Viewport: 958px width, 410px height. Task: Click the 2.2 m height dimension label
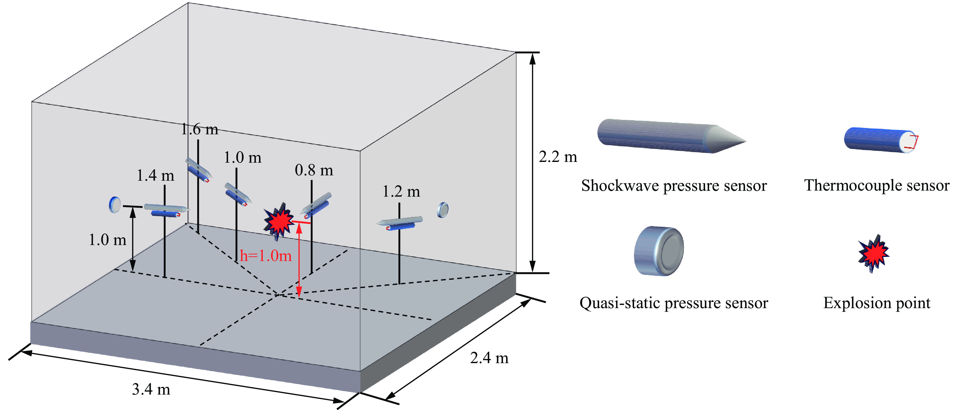click(x=558, y=157)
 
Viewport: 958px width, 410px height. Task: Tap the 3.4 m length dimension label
click(x=151, y=389)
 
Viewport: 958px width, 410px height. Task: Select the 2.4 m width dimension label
click(x=489, y=358)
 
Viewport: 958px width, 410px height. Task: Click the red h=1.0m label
click(x=266, y=256)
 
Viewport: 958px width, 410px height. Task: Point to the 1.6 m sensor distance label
click(x=200, y=129)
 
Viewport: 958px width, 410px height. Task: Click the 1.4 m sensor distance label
click(x=155, y=175)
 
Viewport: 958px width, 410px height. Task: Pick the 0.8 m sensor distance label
click(x=314, y=170)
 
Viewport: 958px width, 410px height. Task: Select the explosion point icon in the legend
click(x=873, y=253)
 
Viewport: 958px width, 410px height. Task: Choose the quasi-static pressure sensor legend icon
click(x=659, y=251)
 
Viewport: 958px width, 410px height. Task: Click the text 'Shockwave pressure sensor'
click(x=674, y=185)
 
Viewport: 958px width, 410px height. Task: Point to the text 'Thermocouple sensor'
click(x=877, y=185)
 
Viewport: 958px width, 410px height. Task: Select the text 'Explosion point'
click(x=877, y=303)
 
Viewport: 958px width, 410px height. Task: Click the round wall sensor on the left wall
click(x=115, y=204)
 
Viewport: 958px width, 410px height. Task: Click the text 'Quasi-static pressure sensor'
click(x=673, y=303)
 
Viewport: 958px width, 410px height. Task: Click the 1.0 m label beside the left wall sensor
click(x=107, y=240)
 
